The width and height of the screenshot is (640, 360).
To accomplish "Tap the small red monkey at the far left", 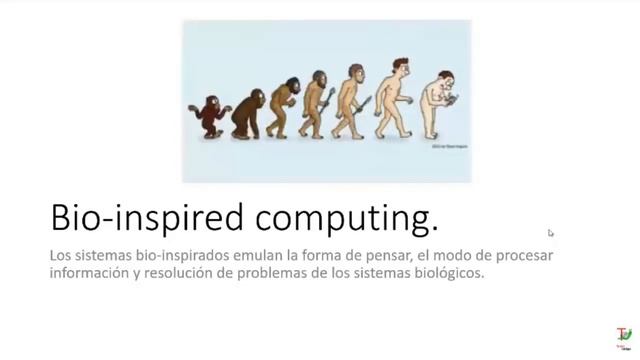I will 212,115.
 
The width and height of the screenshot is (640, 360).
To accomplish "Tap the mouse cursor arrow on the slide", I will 551,233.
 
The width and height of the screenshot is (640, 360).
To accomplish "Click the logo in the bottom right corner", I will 622,333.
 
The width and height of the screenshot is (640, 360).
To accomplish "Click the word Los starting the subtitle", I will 61,255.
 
